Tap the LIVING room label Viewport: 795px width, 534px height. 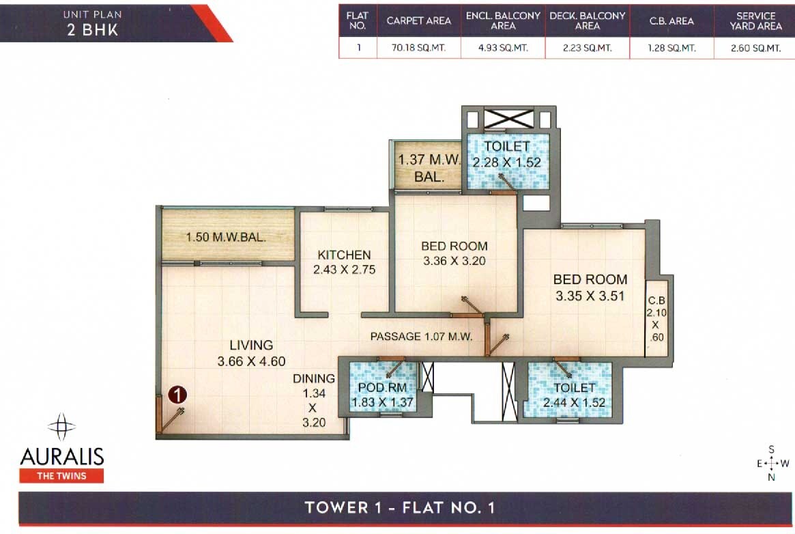pyautogui.click(x=251, y=346)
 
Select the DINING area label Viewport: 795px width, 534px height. pyautogui.click(x=314, y=378)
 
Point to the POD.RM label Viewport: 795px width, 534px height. pyautogui.click(x=383, y=389)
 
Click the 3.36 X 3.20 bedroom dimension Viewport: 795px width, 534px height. pyautogui.click(x=454, y=261)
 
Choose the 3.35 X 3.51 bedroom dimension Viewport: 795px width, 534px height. pyautogui.click(x=590, y=296)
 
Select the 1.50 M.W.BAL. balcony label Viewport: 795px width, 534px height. pyautogui.click(x=226, y=238)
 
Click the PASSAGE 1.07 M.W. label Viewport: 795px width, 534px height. pyautogui.click(x=422, y=336)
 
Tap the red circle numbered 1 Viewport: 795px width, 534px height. pyautogui.click(x=177, y=394)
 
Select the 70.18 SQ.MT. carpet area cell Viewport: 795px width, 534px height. pyautogui.click(x=418, y=48)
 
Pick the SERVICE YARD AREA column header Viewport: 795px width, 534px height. pyautogui.click(x=755, y=20)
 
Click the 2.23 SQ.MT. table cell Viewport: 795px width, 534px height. pyautogui.click(x=587, y=48)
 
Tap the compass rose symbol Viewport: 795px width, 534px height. pyautogui.click(x=770, y=464)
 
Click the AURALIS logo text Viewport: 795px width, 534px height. pyautogui.click(x=61, y=455)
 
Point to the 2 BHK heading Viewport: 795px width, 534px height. pyautogui.click(x=92, y=30)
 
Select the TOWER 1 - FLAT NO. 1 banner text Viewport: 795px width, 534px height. pyautogui.click(x=399, y=507)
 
